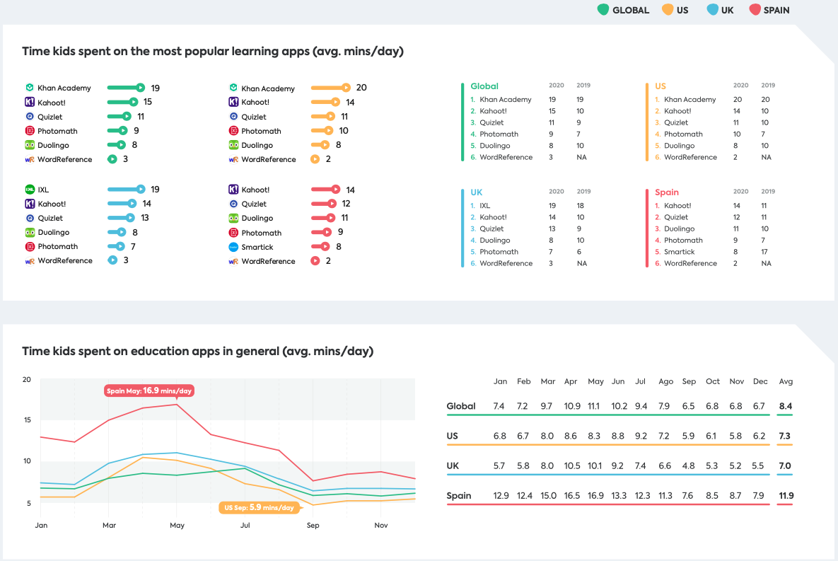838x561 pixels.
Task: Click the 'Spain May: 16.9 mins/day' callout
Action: (149, 391)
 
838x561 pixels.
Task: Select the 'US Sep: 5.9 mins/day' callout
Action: (259, 507)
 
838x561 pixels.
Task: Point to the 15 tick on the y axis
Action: (27, 420)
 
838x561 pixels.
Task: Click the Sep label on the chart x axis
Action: (313, 526)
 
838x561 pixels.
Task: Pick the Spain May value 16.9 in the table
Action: (595, 495)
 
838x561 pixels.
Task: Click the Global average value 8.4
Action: (786, 406)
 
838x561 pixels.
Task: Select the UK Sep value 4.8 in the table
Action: (689, 465)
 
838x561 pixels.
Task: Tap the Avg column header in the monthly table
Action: (786, 381)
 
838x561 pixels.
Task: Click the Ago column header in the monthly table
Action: (665, 381)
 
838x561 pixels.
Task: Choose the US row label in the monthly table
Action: (453, 436)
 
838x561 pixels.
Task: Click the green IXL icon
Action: (30, 190)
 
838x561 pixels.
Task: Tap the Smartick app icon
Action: (233, 247)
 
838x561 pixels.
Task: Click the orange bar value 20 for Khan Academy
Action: (361, 88)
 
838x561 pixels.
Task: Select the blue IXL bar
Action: (126, 190)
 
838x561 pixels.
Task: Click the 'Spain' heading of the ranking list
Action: (667, 192)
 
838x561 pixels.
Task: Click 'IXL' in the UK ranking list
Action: (486, 206)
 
